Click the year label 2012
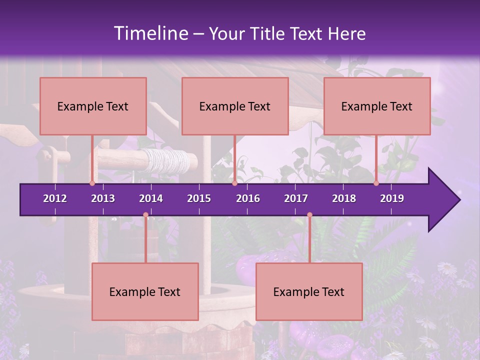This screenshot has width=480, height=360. pyautogui.click(x=55, y=198)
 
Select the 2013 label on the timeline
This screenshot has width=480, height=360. pyautogui.click(x=103, y=198)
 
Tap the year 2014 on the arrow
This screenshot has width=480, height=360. pyautogui.click(x=151, y=198)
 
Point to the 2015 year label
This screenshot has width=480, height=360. pyautogui.click(x=199, y=198)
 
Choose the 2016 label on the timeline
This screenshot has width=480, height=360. pyautogui.click(x=248, y=198)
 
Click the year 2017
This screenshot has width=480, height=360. pyautogui.click(x=296, y=198)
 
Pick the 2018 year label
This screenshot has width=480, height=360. pyautogui.click(x=344, y=198)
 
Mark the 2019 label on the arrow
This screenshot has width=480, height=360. pyautogui.click(x=392, y=198)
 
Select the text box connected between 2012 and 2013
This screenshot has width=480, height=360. pyautogui.click(x=93, y=106)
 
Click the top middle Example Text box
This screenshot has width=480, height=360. pyautogui.click(x=235, y=106)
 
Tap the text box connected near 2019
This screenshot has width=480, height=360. pyautogui.click(x=377, y=106)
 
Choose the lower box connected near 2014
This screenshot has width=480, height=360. pyautogui.click(x=145, y=291)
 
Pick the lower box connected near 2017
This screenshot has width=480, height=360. pyautogui.click(x=309, y=291)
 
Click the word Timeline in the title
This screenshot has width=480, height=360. pyautogui.click(x=150, y=33)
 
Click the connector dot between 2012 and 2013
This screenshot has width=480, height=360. pyautogui.click(x=92, y=183)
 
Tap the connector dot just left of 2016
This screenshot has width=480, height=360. pyautogui.click(x=234, y=183)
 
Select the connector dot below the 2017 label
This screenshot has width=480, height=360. pyautogui.click(x=309, y=215)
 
